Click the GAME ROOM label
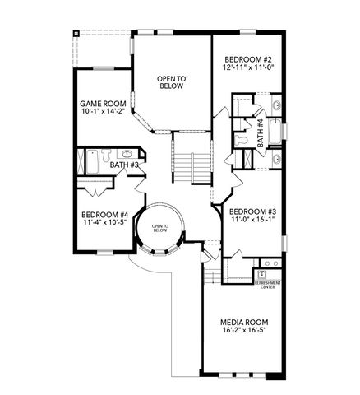pos(103,105)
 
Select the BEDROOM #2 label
pos(247,59)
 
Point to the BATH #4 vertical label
pos(260,132)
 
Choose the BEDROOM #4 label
pos(103,212)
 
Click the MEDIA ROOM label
pos(245,322)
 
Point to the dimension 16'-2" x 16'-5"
pos(245,332)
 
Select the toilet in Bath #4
pos(242,141)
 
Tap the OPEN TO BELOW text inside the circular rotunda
pos(159,228)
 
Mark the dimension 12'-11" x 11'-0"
pos(247,69)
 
